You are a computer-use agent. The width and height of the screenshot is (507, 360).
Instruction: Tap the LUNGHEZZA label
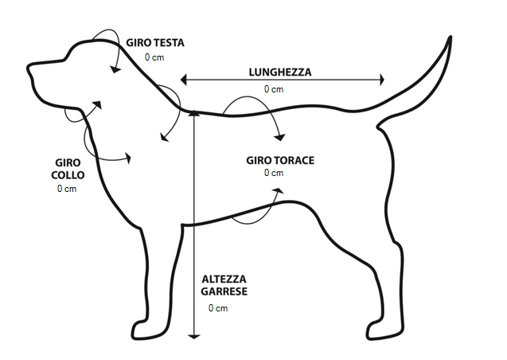click(x=279, y=72)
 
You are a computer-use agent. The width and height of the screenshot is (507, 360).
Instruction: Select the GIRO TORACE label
click(x=279, y=160)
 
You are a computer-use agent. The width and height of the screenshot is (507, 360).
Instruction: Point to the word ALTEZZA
click(x=224, y=279)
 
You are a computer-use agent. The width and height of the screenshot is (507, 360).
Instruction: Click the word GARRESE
click(x=224, y=292)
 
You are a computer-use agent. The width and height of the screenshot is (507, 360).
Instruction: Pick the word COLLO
click(x=68, y=174)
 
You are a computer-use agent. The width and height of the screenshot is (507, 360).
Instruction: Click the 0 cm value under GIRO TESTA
click(x=154, y=57)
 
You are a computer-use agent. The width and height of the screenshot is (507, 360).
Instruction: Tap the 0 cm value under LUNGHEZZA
click(x=274, y=88)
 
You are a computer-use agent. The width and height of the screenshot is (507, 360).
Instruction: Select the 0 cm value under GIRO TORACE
click(x=274, y=173)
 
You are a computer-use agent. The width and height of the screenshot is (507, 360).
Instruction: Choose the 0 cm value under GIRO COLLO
click(x=67, y=189)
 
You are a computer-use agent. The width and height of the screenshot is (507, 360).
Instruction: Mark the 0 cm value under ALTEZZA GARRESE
click(x=218, y=307)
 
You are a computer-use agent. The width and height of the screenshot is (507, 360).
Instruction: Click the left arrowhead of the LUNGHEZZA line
click(x=184, y=79)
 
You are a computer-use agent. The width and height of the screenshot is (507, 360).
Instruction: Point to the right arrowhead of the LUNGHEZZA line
click(x=382, y=79)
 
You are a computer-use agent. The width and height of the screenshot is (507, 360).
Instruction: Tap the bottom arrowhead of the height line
click(x=193, y=335)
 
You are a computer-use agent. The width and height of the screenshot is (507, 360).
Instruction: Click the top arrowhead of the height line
click(x=193, y=113)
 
